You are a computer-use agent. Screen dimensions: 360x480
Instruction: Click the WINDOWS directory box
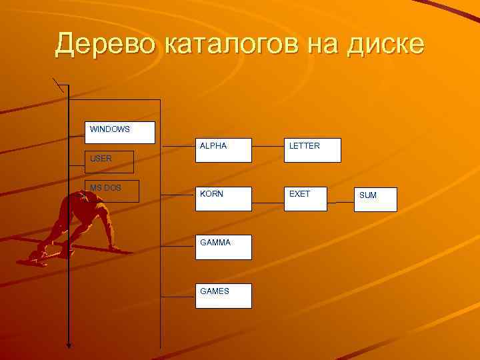[120, 133]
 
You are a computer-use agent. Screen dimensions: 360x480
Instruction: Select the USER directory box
[109, 162]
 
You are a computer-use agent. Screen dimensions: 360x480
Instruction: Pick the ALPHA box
[223, 150]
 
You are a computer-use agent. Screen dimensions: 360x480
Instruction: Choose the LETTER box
[312, 150]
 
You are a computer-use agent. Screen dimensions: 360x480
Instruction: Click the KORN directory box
[223, 199]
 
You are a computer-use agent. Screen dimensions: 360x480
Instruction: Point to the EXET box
[305, 199]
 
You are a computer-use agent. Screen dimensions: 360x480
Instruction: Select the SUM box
[375, 199]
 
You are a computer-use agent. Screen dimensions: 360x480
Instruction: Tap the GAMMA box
[223, 247]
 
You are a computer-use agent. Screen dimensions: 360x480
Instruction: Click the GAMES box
[223, 295]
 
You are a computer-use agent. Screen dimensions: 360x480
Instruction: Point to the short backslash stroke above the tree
[59, 85]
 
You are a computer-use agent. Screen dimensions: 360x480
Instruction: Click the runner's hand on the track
[113, 248]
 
